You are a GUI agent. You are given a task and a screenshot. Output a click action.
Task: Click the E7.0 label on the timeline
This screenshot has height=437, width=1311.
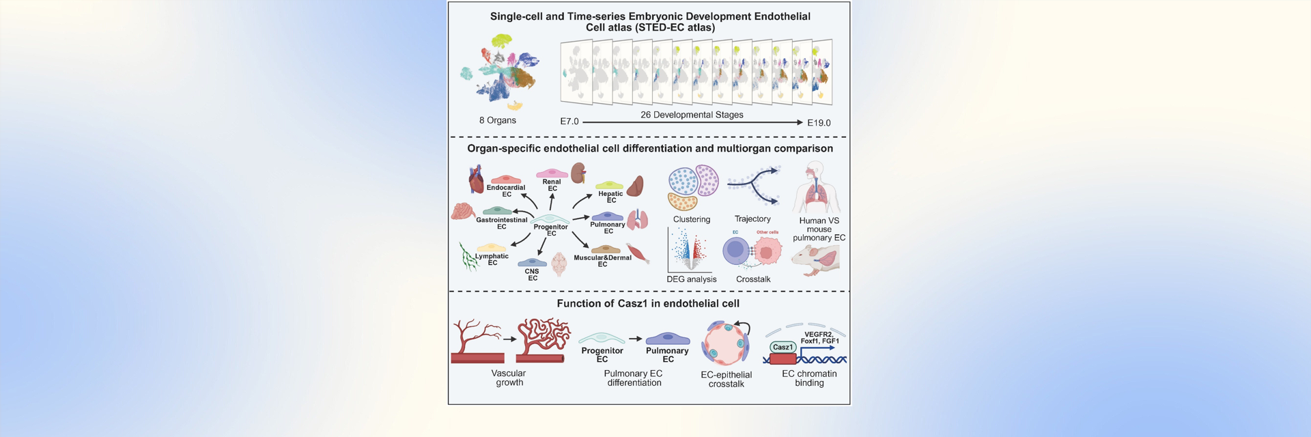569,122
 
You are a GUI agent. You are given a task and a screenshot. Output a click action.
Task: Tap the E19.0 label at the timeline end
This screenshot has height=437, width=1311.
819,123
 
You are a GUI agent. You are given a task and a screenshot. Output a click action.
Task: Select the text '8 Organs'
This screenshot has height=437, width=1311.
497,120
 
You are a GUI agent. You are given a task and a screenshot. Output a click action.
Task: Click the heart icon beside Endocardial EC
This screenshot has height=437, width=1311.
476,180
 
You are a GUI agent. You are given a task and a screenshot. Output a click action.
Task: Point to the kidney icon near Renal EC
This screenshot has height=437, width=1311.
579,173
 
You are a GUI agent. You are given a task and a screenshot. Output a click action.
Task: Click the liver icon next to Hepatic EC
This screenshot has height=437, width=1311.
636,186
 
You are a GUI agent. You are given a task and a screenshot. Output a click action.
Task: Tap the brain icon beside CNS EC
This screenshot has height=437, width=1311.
559,264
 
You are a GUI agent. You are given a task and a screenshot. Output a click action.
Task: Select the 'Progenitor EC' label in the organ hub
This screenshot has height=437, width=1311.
550,230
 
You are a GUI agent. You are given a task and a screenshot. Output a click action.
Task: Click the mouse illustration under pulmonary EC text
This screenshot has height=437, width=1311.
816,260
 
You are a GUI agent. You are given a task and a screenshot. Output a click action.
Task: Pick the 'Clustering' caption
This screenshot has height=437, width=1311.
691,219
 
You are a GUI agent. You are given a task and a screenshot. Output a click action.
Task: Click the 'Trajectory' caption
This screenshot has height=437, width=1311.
752,218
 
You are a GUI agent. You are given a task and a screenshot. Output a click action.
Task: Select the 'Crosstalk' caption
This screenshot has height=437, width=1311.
753,279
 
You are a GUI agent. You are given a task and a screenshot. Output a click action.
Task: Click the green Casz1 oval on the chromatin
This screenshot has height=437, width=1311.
783,347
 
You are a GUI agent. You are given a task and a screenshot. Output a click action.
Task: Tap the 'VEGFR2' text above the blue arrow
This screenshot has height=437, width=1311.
818,335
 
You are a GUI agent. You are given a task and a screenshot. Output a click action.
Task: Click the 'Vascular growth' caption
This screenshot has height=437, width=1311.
509,378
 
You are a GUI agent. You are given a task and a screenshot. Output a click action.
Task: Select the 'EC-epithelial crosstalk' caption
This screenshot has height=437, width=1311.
726,379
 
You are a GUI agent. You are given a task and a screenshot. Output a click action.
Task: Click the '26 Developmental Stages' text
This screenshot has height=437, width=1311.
692,115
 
